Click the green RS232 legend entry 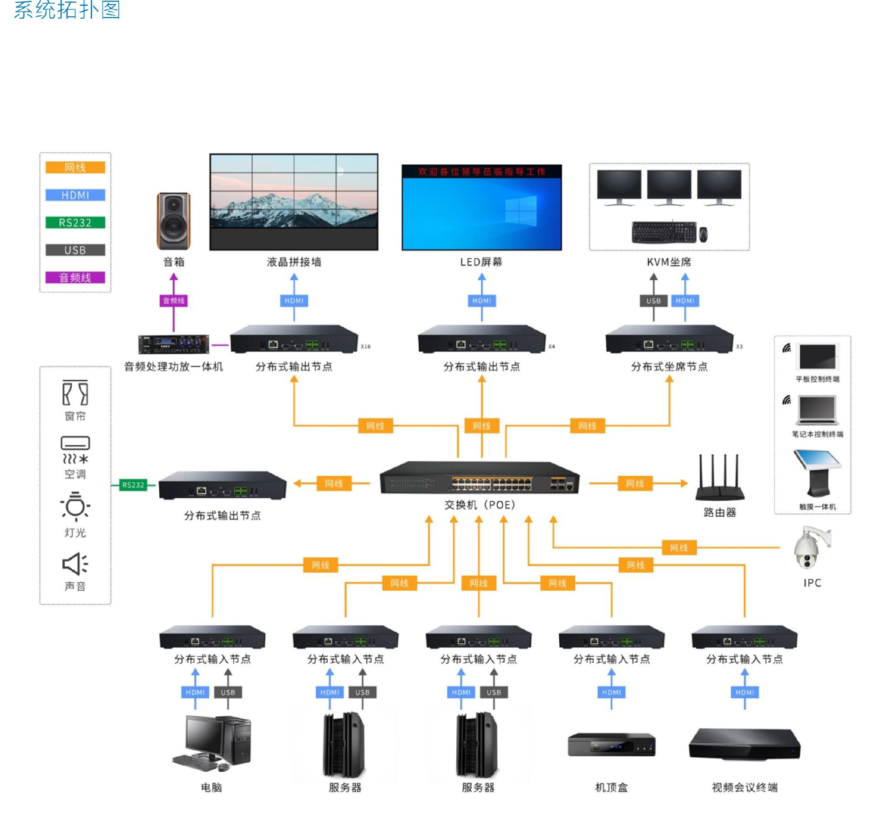pyautogui.click(x=75, y=222)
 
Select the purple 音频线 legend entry pyautogui.click(x=75, y=277)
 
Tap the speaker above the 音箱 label pyautogui.click(x=173, y=221)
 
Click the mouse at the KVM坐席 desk pyautogui.click(x=703, y=234)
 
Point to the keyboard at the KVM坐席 pyautogui.click(x=664, y=232)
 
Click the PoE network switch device pyautogui.click(x=480, y=478)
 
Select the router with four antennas pyautogui.click(x=719, y=479)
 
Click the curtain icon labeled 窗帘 pyautogui.click(x=75, y=393)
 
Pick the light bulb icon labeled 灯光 pyautogui.click(x=75, y=506)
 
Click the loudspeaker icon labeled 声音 pyautogui.click(x=75, y=564)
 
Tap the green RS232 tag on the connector pyautogui.click(x=133, y=485)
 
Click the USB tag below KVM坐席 pyautogui.click(x=653, y=301)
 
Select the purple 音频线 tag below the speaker pyautogui.click(x=173, y=301)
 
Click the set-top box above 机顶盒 pyautogui.click(x=611, y=745)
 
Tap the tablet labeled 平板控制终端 pyautogui.click(x=817, y=357)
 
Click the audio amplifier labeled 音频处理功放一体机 pyautogui.click(x=173, y=344)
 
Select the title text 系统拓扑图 pyautogui.click(x=67, y=10)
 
